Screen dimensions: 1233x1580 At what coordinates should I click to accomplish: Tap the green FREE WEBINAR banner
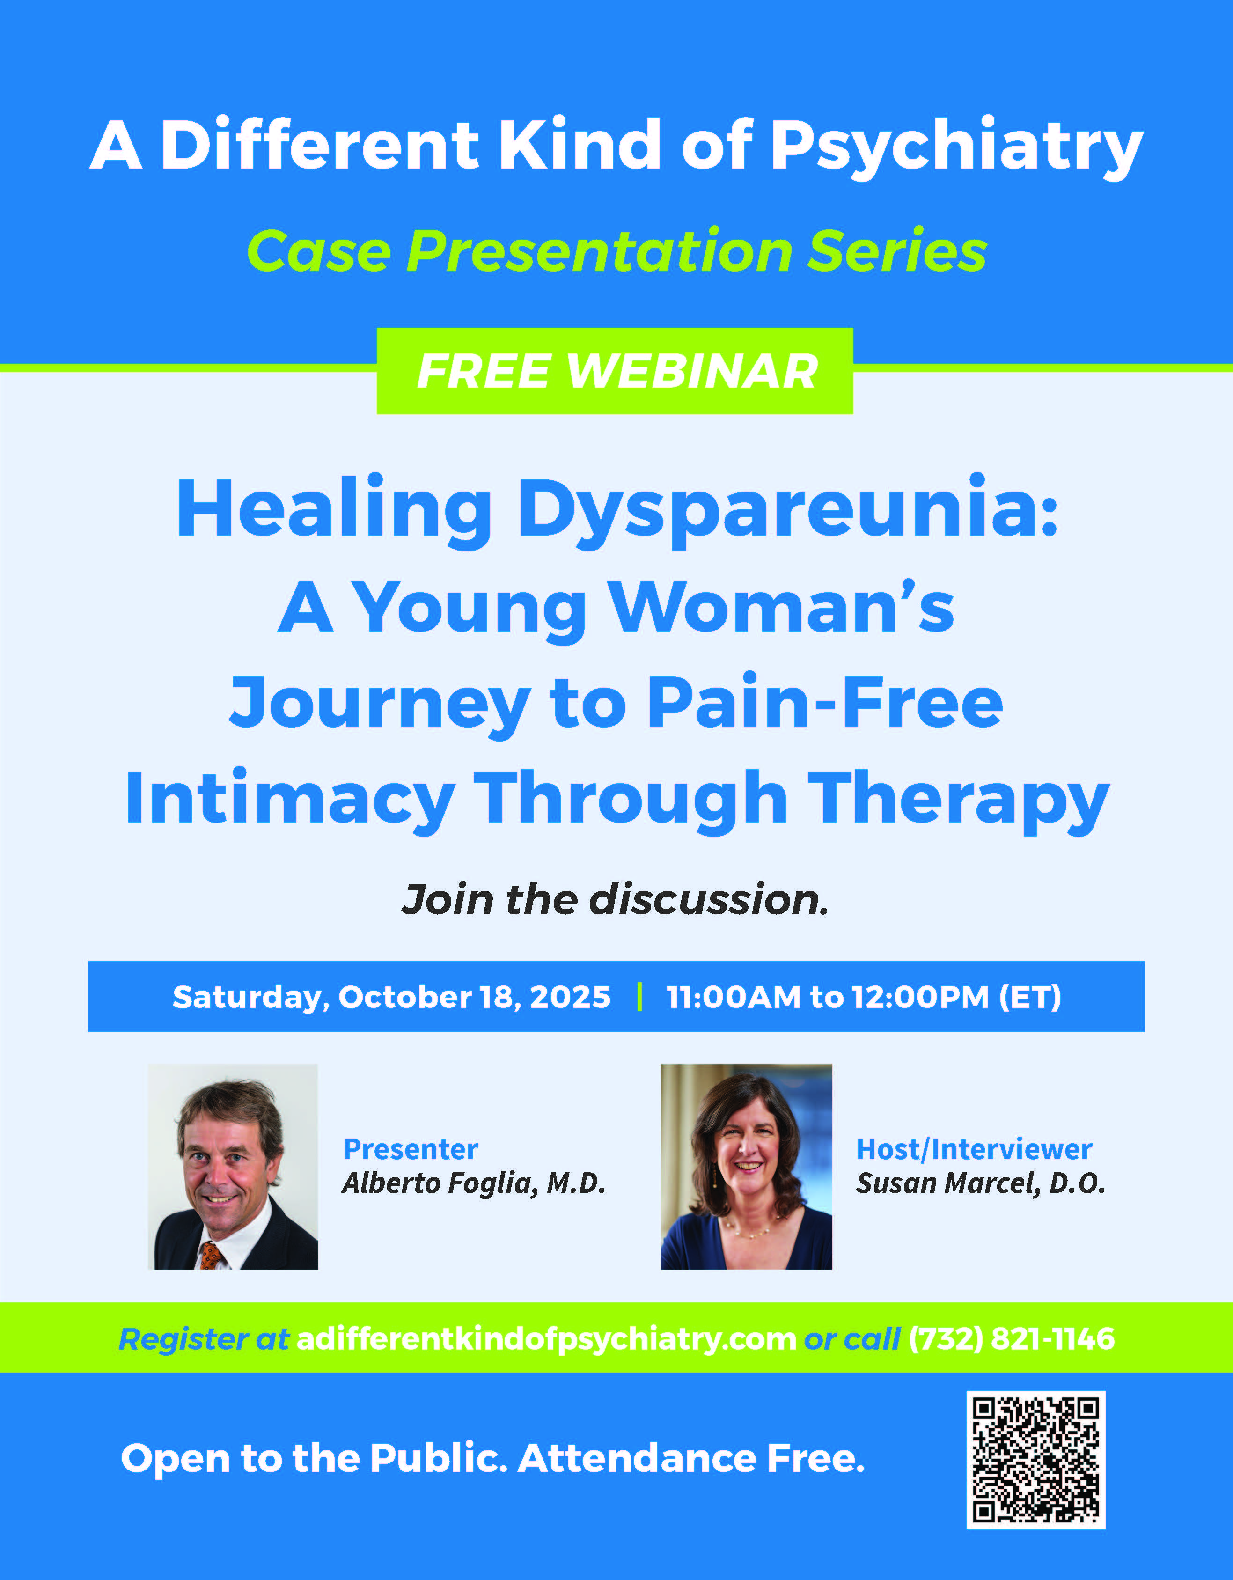click(x=615, y=371)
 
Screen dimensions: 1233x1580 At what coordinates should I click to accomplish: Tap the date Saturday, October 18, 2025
click(x=391, y=997)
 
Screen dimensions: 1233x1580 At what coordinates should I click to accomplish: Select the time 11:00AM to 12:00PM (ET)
click(x=864, y=997)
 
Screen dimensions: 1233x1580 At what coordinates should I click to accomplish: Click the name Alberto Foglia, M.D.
click(x=474, y=1183)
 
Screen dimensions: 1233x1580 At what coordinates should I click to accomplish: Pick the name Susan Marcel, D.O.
click(x=981, y=1183)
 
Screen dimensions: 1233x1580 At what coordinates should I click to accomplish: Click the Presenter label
click(x=410, y=1149)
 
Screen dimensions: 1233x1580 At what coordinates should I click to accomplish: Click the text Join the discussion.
click(x=615, y=899)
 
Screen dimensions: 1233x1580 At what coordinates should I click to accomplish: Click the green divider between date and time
click(x=639, y=997)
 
